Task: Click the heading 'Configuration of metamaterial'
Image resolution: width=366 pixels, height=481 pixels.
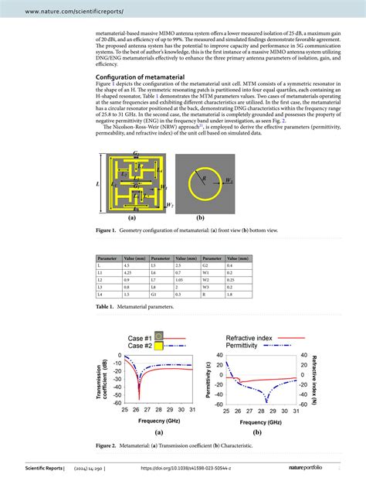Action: (x=143, y=78)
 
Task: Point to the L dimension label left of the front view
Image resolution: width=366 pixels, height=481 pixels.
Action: (x=98, y=184)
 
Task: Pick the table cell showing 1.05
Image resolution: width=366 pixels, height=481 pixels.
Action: (x=183, y=281)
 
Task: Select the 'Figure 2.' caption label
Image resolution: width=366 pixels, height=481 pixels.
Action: (x=107, y=446)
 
